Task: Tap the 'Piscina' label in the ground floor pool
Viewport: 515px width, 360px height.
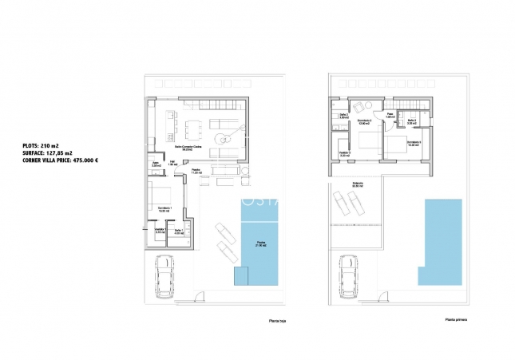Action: point(261,243)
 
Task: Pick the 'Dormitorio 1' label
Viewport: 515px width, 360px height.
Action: point(165,208)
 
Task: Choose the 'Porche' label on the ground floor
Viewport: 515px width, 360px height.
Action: point(196,171)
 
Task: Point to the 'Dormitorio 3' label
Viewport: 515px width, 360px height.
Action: point(414,142)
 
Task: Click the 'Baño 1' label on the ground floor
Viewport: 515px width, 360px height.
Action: point(179,231)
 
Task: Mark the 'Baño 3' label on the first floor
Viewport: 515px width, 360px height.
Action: point(412,121)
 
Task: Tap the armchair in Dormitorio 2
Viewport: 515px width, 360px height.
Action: point(359,107)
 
